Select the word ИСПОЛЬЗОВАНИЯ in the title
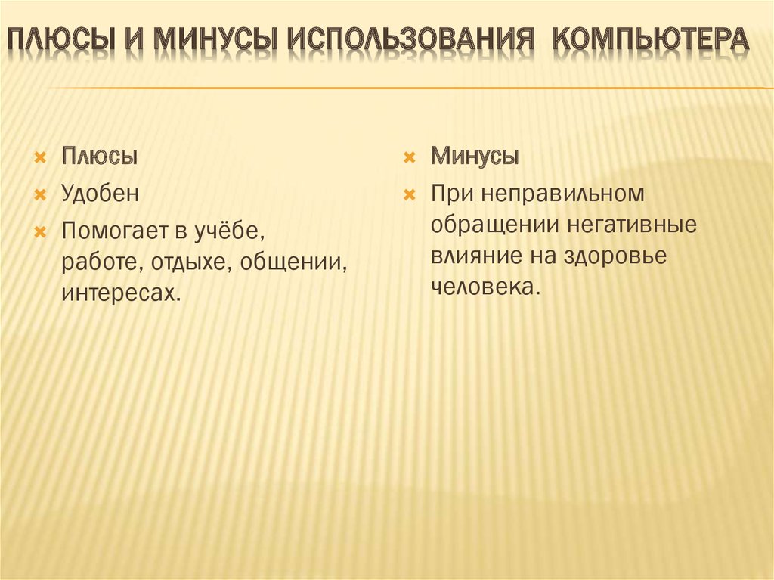click(x=410, y=39)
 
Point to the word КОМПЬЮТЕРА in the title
click(x=651, y=39)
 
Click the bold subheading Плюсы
click(x=99, y=156)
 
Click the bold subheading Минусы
click(x=475, y=156)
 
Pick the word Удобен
click(x=101, y=193)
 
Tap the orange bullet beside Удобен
click(x=40, y=194)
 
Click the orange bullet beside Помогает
click(x=40, y=231)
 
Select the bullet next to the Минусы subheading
click(x=409, y=158)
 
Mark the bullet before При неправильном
click(x=409, y=194)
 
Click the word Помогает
click(x=115, y=231)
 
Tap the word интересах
click(x=121, y=293)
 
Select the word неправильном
click(x=562, y=193)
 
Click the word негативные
click(x=631, y=225)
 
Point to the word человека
click(x=486, y=287)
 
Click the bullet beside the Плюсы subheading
click(x=40, y=158)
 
